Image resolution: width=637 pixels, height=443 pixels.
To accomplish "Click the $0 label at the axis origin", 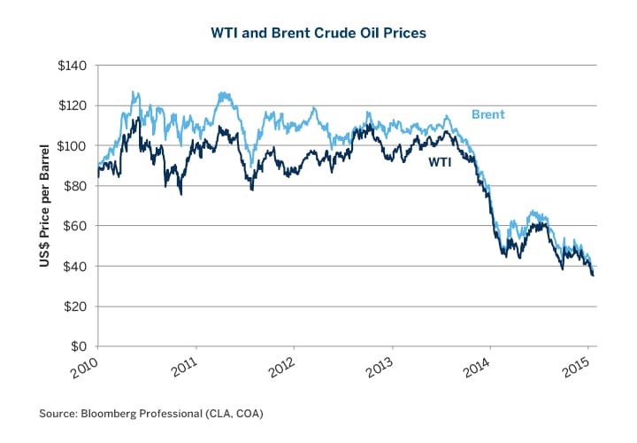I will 78,346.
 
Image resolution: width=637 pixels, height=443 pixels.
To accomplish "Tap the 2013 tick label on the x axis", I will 378,366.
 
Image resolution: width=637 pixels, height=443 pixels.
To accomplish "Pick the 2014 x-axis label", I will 476,366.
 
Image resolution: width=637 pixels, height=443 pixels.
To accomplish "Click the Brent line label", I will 487,114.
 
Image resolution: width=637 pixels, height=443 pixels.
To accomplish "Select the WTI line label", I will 441,163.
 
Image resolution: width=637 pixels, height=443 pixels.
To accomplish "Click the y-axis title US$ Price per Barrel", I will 42,206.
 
